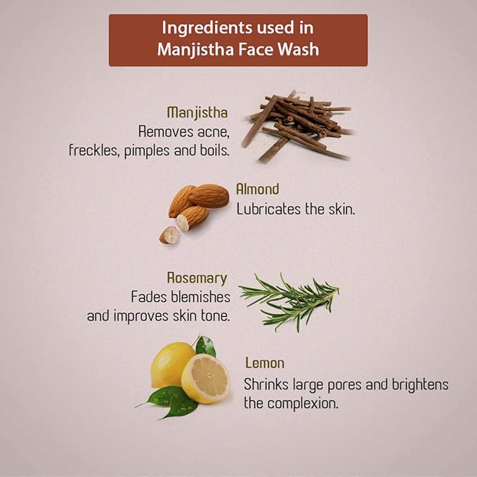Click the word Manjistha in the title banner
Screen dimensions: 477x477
pos(196,50)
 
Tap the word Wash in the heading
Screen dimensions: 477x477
pos(299,49)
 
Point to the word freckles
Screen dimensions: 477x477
pos(93,150)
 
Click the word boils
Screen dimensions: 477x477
pos(215,150)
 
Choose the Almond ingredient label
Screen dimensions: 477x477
pos(258,189)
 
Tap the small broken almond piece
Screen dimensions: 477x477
pos(169,235)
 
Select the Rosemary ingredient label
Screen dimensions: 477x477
pos(197,278)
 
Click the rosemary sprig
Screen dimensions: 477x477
pos(289,302)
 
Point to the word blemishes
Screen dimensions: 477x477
pos(200,296)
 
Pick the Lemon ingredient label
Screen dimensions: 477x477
pos(265,363)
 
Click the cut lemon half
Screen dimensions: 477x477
pos(206,379)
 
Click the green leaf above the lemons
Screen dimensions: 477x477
pos(206,346)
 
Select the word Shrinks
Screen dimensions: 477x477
pos(266,384)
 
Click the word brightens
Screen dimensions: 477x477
pos(420,385)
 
